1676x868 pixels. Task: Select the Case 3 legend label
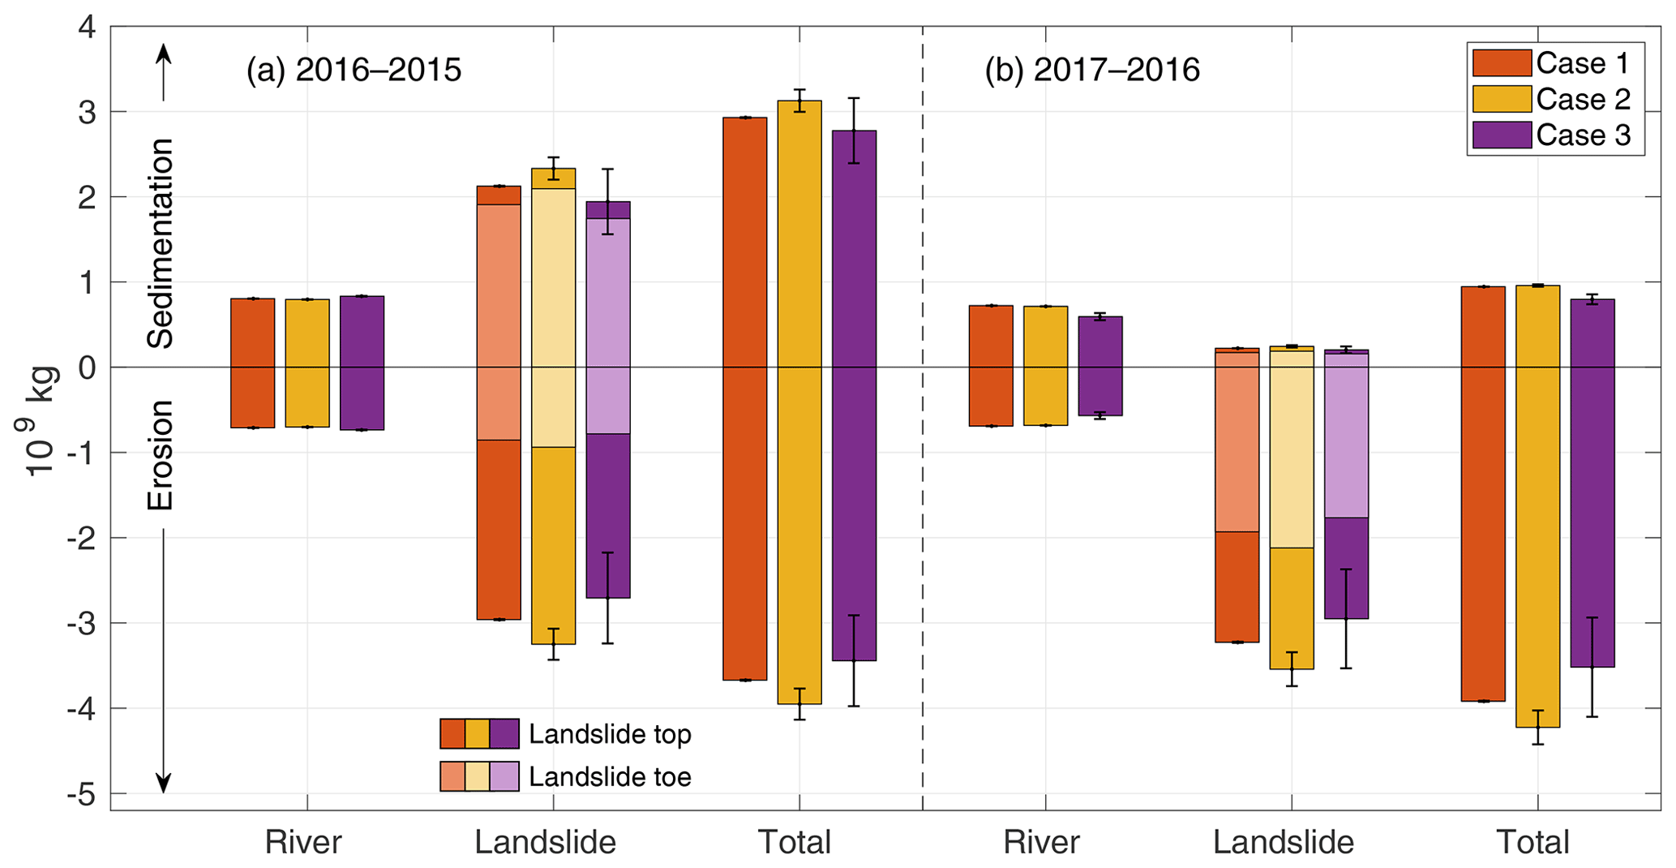tap(1583, 135)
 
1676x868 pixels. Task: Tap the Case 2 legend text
tap(1583, 99)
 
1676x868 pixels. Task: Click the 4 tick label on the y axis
tap(86, 28)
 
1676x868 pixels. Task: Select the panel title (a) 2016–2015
tap(354, 71)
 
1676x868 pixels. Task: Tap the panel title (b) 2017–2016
tap(1091, 71)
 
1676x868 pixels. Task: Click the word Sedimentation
tap(161, 243)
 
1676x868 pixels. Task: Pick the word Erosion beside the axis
tap(161, 455)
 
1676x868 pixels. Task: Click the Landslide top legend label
tap(610, 734)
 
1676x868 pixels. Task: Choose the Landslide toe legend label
tap(610, 777)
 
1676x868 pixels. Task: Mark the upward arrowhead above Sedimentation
tap(164, 54)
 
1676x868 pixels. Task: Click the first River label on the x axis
tap(303, 842)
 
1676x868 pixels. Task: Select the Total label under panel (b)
tap(1532, 842)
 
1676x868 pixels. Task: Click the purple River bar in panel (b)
tap(1100, 366)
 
